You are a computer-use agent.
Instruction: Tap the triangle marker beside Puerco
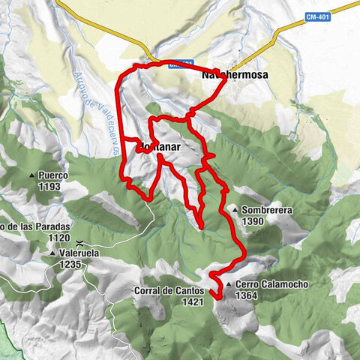coord(32,176)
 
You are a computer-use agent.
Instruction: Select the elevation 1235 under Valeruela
coord(74,264)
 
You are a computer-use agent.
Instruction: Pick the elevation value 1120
coord(37,237)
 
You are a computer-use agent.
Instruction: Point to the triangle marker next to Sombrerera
coord(235,211)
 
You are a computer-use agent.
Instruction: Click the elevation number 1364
coord(247,295)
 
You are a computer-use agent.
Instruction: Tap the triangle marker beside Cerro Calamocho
coord(227,285)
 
